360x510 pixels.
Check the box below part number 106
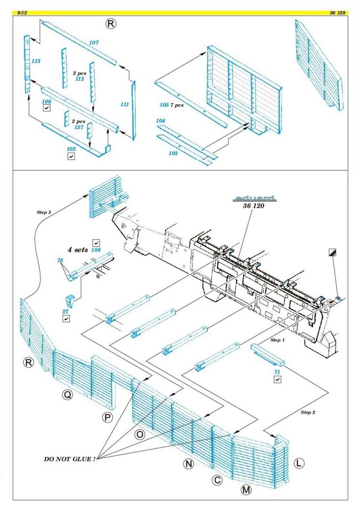[47, 111]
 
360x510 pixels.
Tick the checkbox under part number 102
[71, 157]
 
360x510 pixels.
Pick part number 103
[173, 153]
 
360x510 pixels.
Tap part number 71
[277, 369]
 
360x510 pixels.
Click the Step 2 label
[310, 413]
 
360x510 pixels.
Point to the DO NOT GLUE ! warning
[70, 459]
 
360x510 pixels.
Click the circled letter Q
[67, 395]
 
